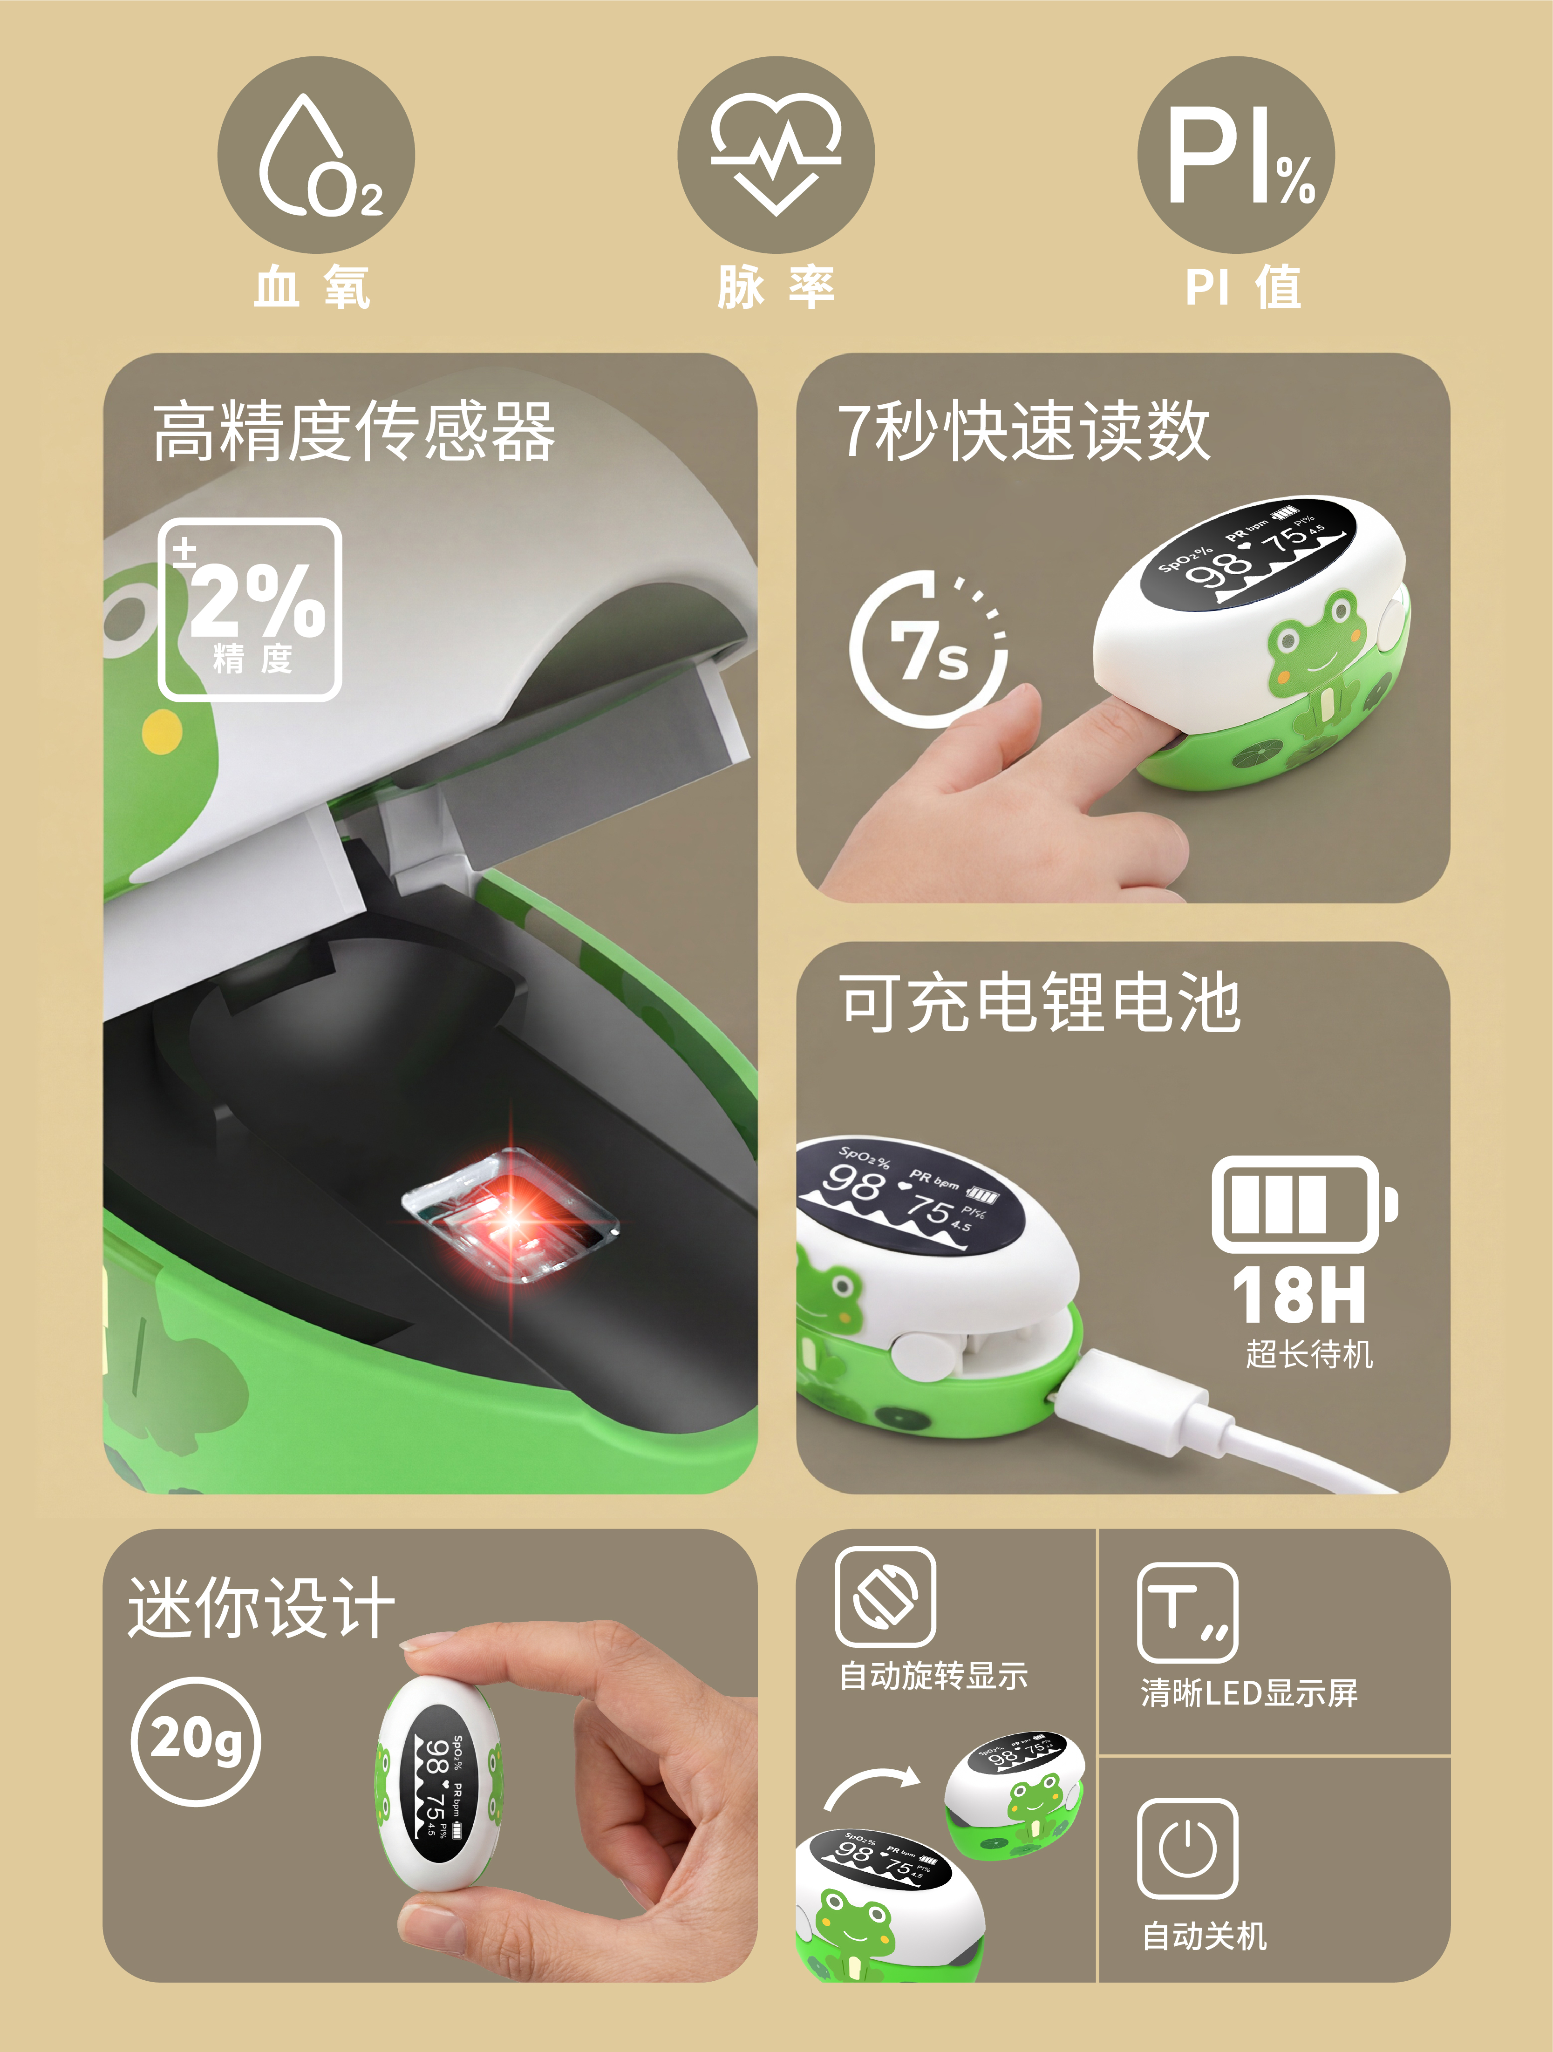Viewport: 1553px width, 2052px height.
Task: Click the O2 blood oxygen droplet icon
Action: coord(315,155)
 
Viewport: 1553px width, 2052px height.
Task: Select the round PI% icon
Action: coord(1236,155)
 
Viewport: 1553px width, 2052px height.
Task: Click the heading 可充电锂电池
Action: coord(1040,1002)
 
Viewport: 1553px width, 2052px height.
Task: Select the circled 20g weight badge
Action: coord(196,1741)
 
